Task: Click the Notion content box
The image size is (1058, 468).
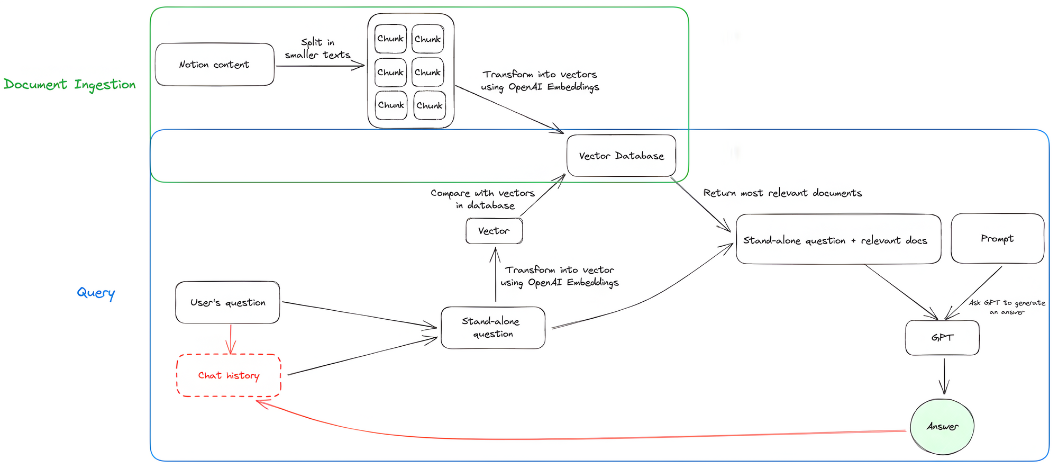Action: tap(214, 65)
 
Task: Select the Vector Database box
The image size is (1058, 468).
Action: tap(621, 156)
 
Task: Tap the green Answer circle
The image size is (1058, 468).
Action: tap(942, 427)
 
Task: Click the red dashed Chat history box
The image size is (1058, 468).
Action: tap(229, 375)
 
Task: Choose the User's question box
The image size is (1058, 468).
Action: tap(227, 302)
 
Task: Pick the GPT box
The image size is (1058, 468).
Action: tap(942, 338)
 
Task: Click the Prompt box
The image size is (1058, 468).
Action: tap(997, 239)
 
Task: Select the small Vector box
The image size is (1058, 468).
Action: tap(494, 231)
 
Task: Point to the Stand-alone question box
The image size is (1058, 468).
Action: tap(492, 328)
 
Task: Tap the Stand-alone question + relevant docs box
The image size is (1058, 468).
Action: tap(838, 239)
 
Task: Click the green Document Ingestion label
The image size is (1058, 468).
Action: tap(70, 85)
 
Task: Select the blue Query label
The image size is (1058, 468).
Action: tap(96, 293)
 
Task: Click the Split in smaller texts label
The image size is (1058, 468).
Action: tap(317, 49)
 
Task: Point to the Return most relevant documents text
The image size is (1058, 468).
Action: tap(782, 193)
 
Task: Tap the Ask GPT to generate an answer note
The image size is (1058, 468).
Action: tap(1007, 307)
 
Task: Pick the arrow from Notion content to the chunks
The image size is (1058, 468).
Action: tap(320, 66)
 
